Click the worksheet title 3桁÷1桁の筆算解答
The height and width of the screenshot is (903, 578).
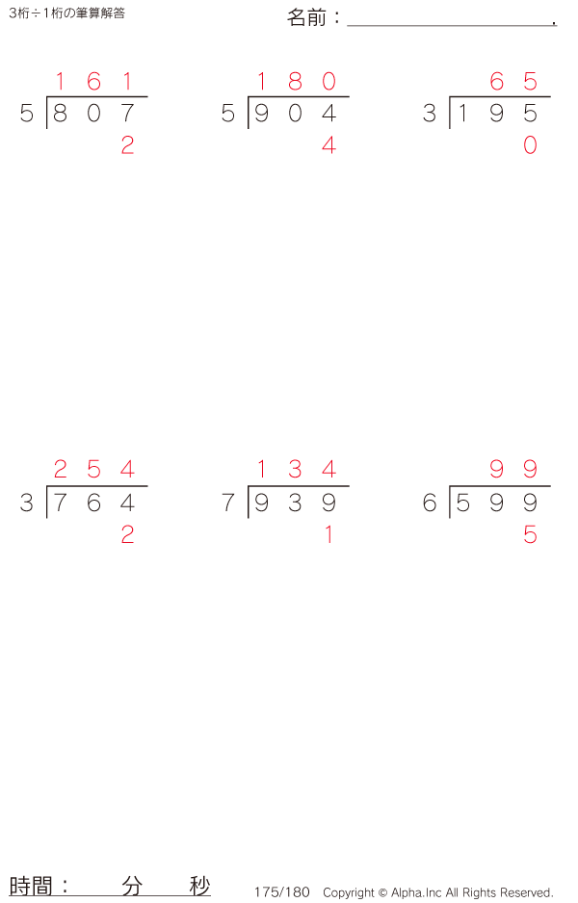tap(66, 13)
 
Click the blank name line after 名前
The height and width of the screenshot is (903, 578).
tap(450, 19)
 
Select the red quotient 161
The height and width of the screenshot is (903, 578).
tap(93, 82)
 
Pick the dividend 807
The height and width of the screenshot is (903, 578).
tap(93, 114)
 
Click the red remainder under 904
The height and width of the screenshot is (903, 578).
tap(328, 145)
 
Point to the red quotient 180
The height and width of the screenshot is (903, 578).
tap(295, 82)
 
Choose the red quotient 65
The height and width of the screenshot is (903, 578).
tap(513, 82)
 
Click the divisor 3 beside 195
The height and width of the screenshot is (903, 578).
tap(429, 114)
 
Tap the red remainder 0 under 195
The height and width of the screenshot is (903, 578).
tap(530, 145)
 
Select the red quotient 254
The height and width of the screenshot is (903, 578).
tap(93, 470)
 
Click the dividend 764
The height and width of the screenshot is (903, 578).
tap(93, 503)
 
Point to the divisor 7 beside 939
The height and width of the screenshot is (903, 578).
tap(227, 503)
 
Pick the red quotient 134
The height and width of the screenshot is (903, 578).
tap(295, 470)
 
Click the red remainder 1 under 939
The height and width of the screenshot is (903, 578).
tap(328, 535)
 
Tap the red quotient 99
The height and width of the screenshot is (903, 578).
tap(513, 470)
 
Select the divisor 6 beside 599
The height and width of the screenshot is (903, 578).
tap(429, 503)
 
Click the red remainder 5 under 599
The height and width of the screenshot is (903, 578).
tap(530, 535)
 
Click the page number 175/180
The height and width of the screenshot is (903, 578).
tap(282, 892)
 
